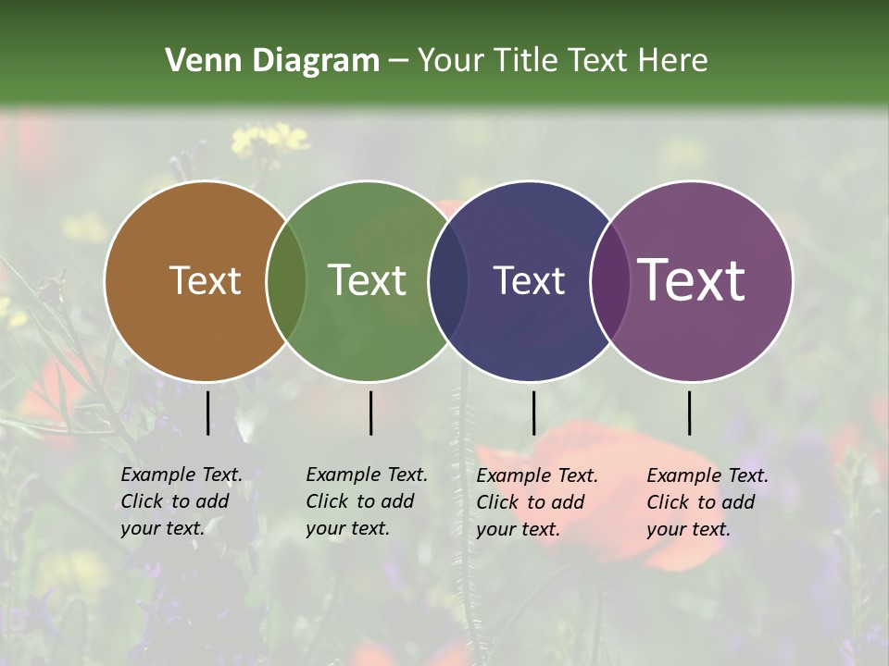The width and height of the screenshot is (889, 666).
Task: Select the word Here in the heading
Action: [x=675, y=61]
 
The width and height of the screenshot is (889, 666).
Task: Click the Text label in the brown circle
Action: [x=205, y=280]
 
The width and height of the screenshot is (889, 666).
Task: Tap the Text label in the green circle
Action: [x=368, y=280]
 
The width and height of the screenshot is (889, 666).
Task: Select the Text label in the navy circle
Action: [x=529, y=280]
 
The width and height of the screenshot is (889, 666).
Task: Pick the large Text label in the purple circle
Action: [x=692, y=280]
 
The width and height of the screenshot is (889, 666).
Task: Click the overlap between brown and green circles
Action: [x=286, y=281]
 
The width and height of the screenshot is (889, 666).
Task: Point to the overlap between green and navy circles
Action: [x=448, y=281]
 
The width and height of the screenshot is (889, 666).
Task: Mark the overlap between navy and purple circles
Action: [x=609, y=281]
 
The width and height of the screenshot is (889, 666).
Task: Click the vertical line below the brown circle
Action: [x=207, y=413]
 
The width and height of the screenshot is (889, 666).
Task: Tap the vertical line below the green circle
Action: [x=370, y=413]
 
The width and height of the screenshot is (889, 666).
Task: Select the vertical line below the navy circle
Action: [x=533, y=413]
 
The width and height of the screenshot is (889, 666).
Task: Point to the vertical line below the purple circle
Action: [x=689, y=413]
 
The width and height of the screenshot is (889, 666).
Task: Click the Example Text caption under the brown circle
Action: [x=182, y=501]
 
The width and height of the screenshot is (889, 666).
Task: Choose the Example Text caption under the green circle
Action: [x=367, y=501]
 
